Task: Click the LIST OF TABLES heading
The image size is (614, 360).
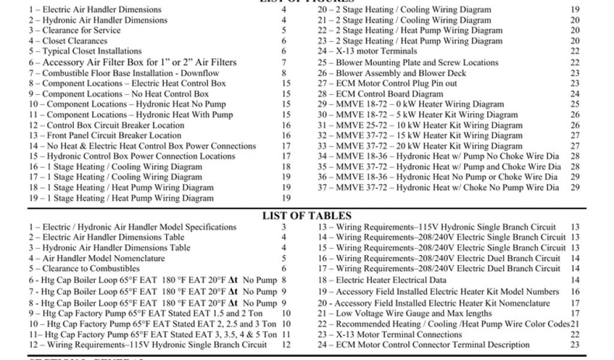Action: (306, 216)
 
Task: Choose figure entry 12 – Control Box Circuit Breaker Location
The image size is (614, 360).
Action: (106, 125)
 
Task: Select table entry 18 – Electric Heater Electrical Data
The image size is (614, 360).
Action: (382, 280)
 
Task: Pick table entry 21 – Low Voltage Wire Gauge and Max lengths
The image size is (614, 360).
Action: (405, 313)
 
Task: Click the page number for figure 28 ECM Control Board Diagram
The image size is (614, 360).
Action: (575, 94)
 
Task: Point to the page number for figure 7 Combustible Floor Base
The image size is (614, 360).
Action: (284, 73)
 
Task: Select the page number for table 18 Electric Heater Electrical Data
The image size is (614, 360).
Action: (575, 280)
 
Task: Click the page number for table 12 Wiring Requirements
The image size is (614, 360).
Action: (286, 345)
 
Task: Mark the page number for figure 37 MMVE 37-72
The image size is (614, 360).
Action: (575, 188)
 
